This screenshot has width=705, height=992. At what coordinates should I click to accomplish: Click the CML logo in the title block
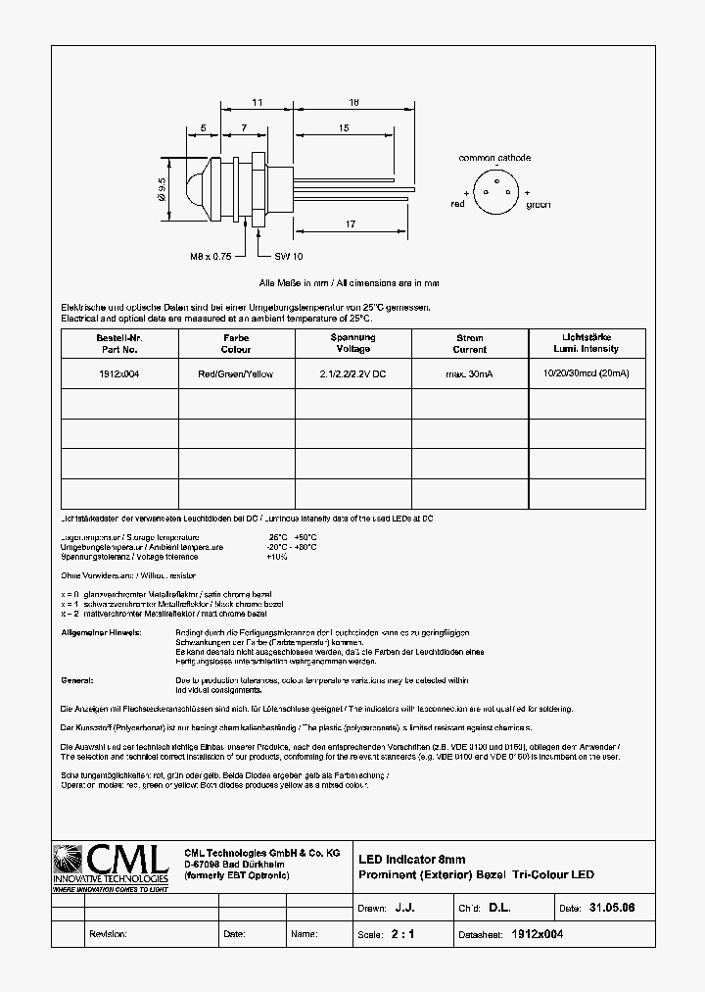[110, 867]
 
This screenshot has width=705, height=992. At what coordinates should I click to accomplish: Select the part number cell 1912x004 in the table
[119, 374]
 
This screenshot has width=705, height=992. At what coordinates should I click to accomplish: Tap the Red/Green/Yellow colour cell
[236, 374]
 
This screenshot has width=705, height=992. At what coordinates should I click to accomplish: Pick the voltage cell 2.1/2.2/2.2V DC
[352, 374]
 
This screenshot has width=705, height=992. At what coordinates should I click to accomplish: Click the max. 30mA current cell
[469, 374]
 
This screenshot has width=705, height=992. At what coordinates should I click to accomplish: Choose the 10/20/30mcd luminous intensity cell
[586, 374]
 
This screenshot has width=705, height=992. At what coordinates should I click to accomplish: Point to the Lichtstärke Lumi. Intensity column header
[586, 343]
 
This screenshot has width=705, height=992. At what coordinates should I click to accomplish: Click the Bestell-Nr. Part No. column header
[119, 343]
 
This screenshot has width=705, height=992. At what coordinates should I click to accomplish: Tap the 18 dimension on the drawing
[354, 102]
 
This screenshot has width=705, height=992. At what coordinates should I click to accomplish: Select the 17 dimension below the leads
[350, 224]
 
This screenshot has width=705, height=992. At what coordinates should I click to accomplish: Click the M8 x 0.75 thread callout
[210, 256]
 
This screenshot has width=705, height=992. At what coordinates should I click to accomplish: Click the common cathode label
[494, 158]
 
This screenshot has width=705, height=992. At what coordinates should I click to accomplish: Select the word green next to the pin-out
[538, 205]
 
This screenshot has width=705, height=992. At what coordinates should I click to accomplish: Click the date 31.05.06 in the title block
[612, 909]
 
